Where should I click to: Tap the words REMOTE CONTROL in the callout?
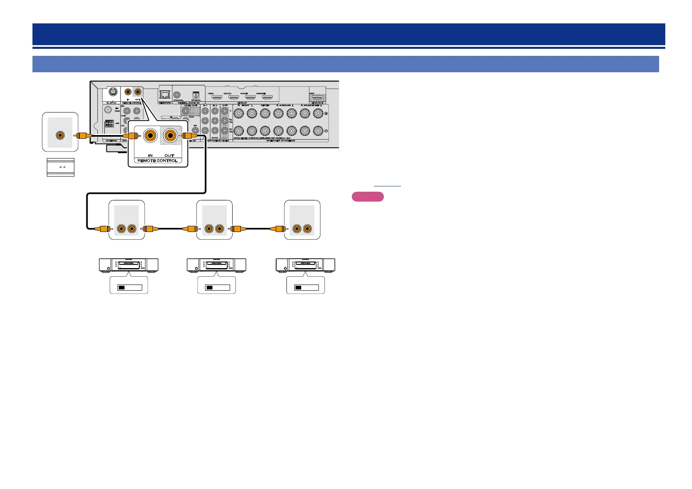pyautogui.click(x=158, y=161)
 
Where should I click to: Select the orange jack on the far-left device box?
pyautogui.click(x=60, y=135)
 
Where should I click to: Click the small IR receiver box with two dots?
pyautogui.click(x=60, y=168)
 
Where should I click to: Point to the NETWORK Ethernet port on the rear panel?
pyautogui.click(x=164, y=94)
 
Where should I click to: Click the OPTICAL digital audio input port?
pyautogui.click(x=196, y=94)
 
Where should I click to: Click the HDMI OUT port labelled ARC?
pyautogui.click(x=317, y=98)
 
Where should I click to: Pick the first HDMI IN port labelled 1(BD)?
pyautogui.click(x=217, y=98)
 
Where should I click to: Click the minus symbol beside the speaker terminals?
pyautogui.click(x=326, y=131)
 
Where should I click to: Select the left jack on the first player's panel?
pyautogui.click(x=122, y=229)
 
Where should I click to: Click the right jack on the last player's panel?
pyautogui.click(x=307, y=229)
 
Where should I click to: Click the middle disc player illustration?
pyautogui.click(x=217, y=265)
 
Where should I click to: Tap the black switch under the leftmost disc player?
pyautogui.click(x=121, y=287)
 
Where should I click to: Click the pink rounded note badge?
pyautogui.click(x=368, y=197)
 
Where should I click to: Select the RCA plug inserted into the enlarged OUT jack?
pyautogui.click(x=190, y=135)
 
